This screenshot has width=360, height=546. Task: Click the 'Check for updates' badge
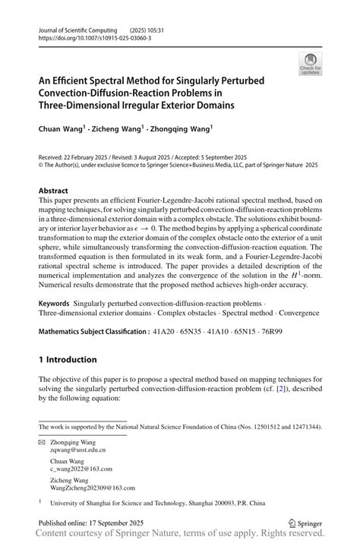pos(311,65)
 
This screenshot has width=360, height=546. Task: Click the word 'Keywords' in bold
pos(58,303)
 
